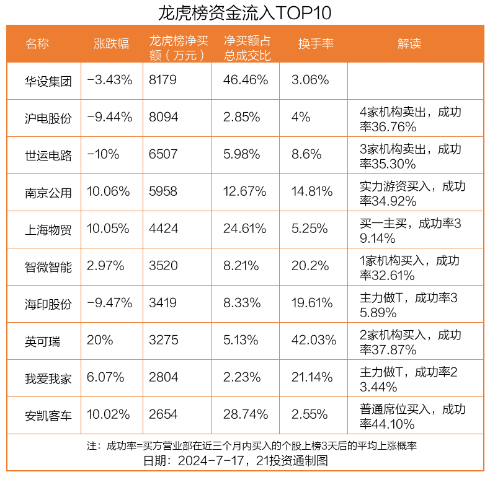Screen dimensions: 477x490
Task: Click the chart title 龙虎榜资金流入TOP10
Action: point(244,12)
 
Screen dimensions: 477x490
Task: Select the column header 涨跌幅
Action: point(111,43)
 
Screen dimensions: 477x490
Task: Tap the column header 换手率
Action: point(316,43)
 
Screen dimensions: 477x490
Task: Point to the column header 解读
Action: point(409,43)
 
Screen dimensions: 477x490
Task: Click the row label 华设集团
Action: point(48,80)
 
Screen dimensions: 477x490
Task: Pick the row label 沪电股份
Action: point(48,118)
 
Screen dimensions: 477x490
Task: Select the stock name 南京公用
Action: point(48,192)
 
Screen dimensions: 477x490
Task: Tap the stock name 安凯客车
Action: point(48,414)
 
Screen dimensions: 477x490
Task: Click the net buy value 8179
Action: point(163,80)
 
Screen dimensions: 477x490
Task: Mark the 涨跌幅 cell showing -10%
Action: point(103,155)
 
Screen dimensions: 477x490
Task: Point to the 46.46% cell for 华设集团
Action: point(246,80)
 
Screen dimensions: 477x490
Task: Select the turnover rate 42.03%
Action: point(313,340)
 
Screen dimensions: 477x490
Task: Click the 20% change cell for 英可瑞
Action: point(100,340)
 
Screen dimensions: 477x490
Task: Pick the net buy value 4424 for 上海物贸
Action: point(163,229)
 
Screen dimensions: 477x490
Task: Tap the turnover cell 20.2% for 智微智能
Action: point(310,266)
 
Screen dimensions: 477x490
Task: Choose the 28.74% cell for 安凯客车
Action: point(246,414)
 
